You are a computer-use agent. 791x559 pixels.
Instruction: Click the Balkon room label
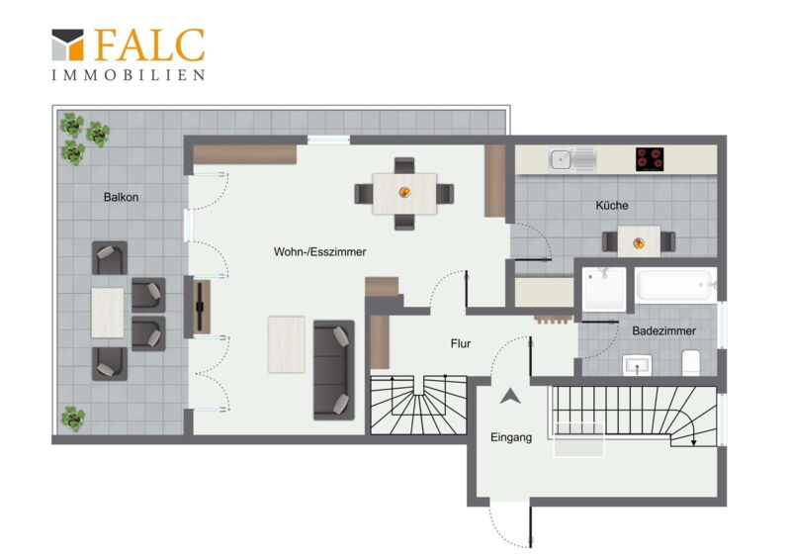coord(121,197)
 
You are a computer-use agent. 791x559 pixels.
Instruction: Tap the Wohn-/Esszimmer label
coord(319,251)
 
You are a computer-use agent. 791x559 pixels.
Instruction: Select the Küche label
coord(612,205)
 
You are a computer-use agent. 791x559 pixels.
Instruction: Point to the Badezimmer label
coord(663,330)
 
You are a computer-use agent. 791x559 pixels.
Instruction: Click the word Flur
coord(461,343)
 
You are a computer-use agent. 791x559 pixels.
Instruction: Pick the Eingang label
coord(511,436)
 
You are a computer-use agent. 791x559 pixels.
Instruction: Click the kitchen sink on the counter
coord(572,159)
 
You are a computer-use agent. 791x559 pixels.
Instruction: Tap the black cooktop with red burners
coord(650,159)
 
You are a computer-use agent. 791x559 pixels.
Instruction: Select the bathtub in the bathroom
coord(675,285)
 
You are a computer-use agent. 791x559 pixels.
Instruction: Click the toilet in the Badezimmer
coord(690,362)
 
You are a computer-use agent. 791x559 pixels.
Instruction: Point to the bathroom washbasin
coord(637,365)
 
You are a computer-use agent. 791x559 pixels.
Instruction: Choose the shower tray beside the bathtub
coord(604,289)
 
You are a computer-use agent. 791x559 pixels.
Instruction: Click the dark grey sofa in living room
coord(334,370)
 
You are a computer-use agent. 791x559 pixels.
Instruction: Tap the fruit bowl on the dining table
coord(404,192)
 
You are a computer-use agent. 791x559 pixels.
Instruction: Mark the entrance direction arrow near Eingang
coord(510,397)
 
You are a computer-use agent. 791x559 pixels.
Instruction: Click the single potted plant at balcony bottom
coord(73,419)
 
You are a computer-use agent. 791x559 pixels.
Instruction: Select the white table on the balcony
coord(108,313)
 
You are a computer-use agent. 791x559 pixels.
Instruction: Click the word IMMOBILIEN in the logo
coord(129,75)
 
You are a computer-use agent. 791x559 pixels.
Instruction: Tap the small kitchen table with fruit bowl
coord(639,241)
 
